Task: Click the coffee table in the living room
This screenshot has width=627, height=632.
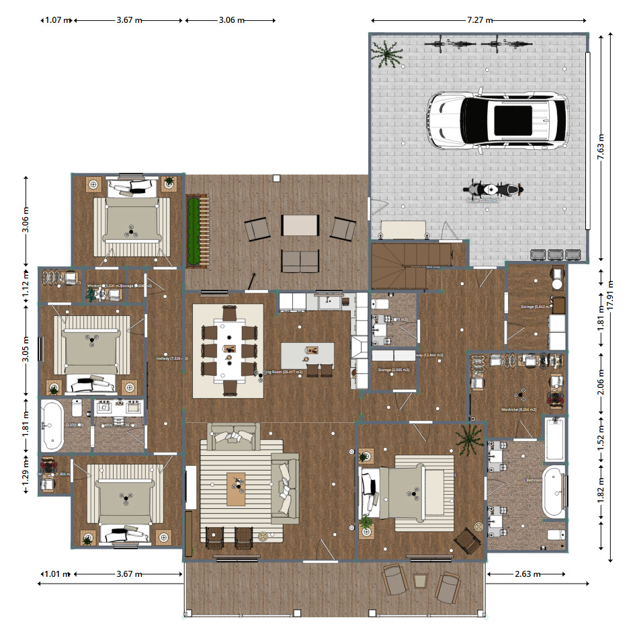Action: pyautogui.click(x=236, y=489)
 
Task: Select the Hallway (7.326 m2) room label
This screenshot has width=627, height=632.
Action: pyautogui.click(x=172, y=358)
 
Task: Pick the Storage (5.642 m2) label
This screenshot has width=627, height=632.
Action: pyautogui.click(x=536, y=307)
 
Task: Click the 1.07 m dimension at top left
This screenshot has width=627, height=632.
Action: pyautogui.click(x=57, y=20)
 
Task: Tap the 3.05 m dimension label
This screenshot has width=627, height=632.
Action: pyautogui.click(x=26, y=348)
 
